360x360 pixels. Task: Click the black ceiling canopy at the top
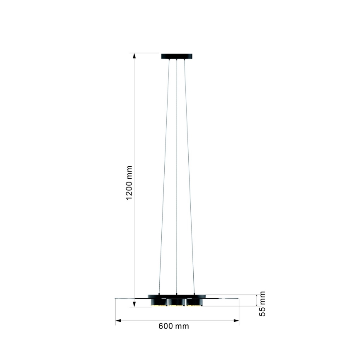[177, 56]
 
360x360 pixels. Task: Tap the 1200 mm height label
[129, 182]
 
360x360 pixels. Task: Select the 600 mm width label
[173, 326]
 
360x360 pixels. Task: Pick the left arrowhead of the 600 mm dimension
[118, 320]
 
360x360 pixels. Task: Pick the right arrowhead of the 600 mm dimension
[236, 320]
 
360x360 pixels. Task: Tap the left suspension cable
[164, 174]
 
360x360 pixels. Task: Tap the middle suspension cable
[177, 174]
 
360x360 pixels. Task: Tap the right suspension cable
[189, 174]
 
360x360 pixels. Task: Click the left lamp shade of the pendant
[159, 302]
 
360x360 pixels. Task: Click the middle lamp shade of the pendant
[177, 302]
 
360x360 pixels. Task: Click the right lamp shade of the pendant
[194, 302]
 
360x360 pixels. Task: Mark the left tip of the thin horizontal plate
[116, 297]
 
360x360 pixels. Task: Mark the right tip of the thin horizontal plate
[238, 297]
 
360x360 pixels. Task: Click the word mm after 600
[182, 326]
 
